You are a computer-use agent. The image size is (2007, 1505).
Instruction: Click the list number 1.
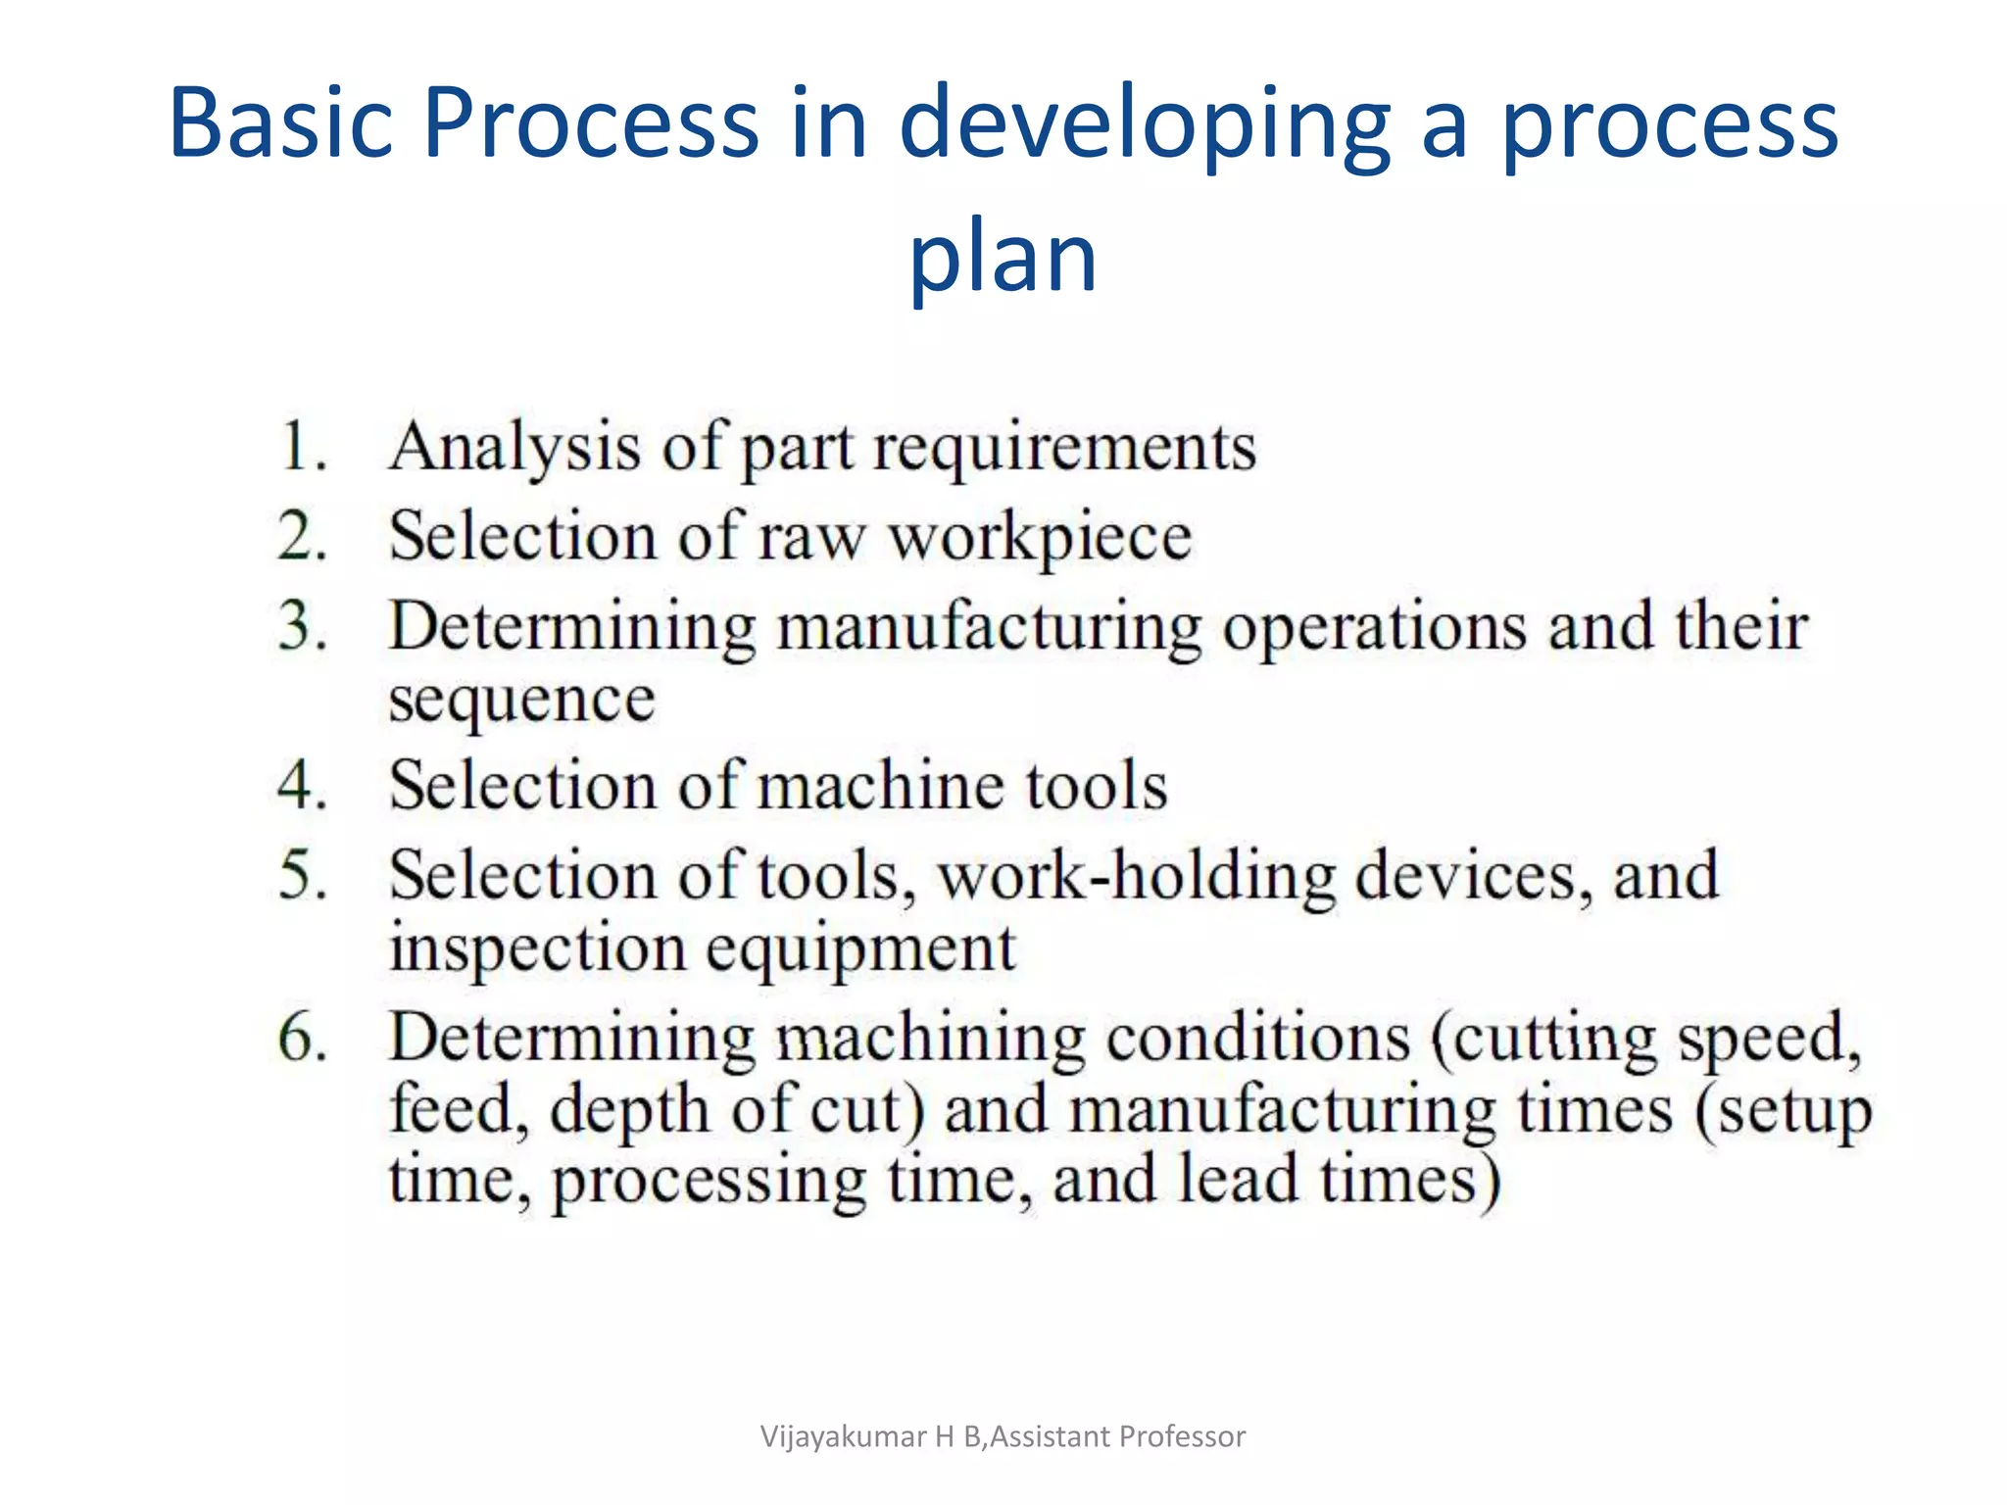[x=300, y=447]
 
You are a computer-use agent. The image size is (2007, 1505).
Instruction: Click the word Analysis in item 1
[x=515, y=449]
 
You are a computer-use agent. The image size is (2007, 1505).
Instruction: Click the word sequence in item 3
[x=521, y=702]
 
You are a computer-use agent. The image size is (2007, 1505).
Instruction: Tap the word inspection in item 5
[x=538, y=950]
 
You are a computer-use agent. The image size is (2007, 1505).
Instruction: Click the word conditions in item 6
[x=1258, y=1037]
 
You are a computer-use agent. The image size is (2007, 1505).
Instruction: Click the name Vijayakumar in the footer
[x=844, y=1436]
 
